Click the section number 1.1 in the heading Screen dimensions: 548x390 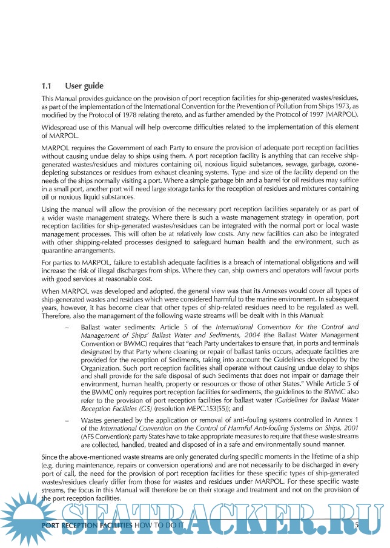click(47, 86)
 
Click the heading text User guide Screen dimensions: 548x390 click(84, 86)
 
